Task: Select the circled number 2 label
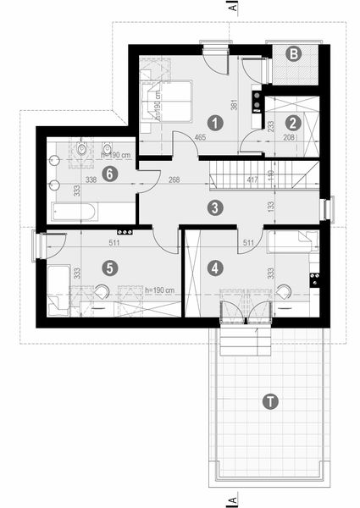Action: click(291, 123)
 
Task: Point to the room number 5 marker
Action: click(108, 268)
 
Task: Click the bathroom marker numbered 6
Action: click(108, 174)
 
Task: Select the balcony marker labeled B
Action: click(293, 54)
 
